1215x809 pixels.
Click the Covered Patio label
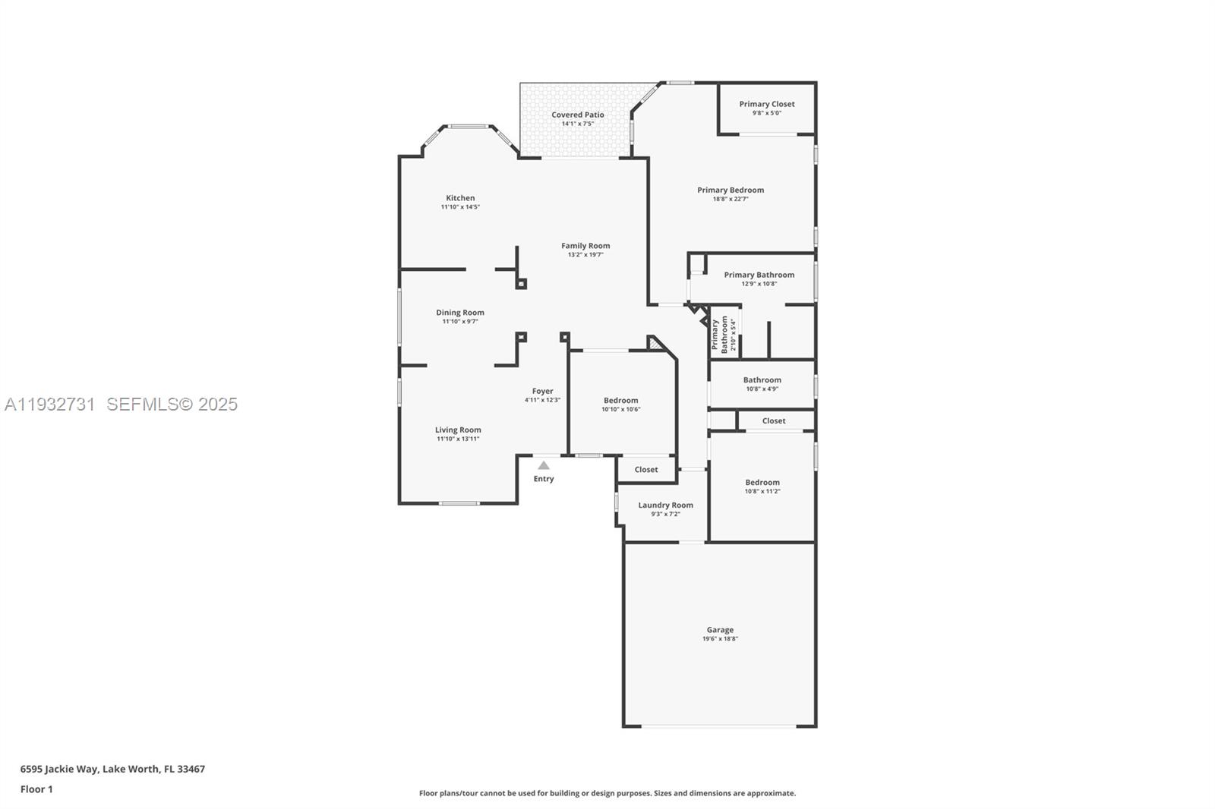tap(577, 115)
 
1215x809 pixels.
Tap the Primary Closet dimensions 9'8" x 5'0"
tap(766, 113)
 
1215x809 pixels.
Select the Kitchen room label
tap(460, 198)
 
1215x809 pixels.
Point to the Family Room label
tap(585, 246)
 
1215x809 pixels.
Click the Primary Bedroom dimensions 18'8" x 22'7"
tap(730, 199)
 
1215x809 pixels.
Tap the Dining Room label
tap(459, 313)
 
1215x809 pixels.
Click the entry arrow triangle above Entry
tap(544, 465)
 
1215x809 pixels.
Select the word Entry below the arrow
tap(544, 479)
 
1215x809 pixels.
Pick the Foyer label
tap(542, 392)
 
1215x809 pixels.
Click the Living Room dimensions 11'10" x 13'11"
tap(458, 439)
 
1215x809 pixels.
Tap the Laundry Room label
tap(665, 505)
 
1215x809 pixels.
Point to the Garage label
tap(720, 630)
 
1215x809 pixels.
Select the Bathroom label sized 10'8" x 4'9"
tap(762, 380)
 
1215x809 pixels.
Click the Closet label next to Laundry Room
tap(646, 470)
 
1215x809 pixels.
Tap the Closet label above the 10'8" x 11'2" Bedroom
tap(774, 421)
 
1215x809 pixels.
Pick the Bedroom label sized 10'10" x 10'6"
tap(620, 401)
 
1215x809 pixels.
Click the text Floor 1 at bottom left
tap(36, 789)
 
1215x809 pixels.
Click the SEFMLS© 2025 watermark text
tap(172, 404)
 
